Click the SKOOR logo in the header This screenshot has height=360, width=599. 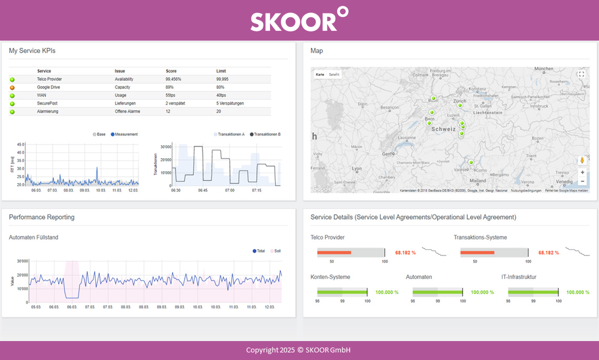(299, 21)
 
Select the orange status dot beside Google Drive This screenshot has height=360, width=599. (12, 88)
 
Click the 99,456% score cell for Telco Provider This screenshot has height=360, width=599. (173, 79)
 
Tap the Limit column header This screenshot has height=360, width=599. (221, 71)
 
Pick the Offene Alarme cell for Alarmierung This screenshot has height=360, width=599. (128, 111)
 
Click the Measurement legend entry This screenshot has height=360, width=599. (124, 134)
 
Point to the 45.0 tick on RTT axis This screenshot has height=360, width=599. (21, 145)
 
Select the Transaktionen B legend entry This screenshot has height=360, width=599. (267, 134)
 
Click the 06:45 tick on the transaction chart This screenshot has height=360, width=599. (202, 191)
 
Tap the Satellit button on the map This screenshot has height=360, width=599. (334, 74)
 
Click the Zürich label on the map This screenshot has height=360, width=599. (460, 101)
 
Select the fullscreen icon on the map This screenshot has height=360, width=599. (582, 74)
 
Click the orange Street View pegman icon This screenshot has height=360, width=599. (582, 160)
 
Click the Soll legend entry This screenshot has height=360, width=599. (277, 251)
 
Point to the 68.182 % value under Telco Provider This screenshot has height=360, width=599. (405, 253)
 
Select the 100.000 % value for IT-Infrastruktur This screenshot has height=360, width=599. (578, 292)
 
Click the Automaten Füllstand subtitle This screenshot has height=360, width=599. (34, 237)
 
